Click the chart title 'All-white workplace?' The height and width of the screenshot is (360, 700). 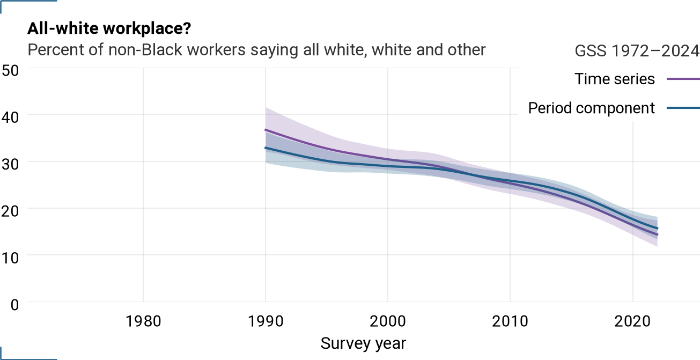coord(109,29)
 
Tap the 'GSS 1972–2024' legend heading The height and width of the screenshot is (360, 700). coord(637,51)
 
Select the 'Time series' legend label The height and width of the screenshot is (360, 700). coord(614,79)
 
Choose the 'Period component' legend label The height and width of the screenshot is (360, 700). coord(591,108)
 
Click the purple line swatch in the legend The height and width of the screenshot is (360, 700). coord(683,79)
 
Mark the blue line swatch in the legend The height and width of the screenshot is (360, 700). coord(683,108)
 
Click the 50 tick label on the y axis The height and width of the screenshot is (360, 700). coord(10,70)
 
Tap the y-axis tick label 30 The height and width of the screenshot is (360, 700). coord(10,164)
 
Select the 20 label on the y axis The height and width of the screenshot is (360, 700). coord(10,211)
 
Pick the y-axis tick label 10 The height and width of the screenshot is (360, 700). coord(10,258)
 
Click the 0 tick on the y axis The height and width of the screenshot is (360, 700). coord(14,305)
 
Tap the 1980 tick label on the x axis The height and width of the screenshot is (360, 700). coord(143,321)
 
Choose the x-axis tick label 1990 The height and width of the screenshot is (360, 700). coord(266,321)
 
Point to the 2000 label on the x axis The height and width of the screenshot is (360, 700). coord(388,321)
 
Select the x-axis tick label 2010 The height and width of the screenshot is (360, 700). coord(510,321)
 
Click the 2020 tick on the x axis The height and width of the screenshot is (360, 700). coord(632,321)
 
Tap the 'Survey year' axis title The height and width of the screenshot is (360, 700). coord(363,343)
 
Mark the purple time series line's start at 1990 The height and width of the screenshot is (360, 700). coord(266,129)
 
